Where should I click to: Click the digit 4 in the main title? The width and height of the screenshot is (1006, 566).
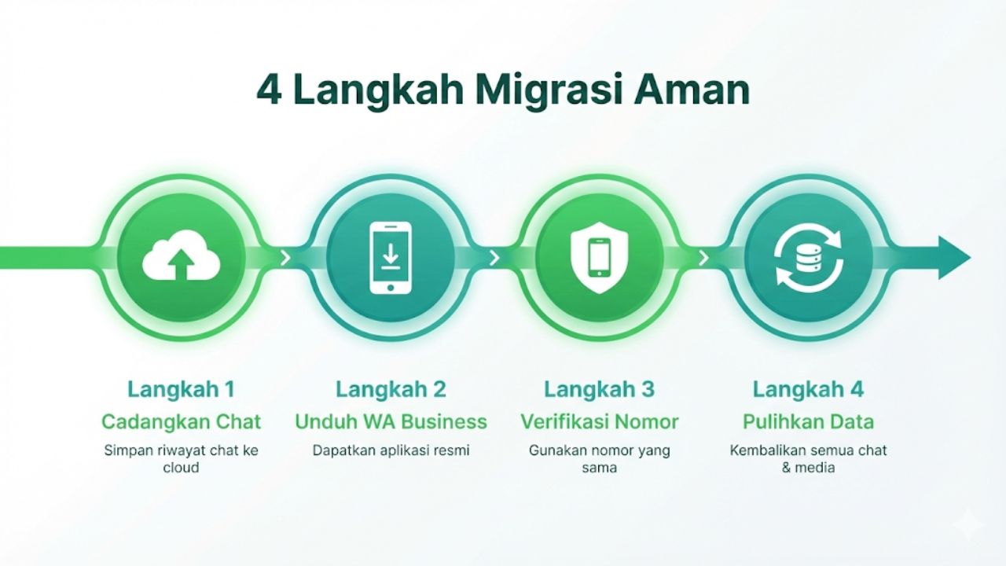coord(270,91)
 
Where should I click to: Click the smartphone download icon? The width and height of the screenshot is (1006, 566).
coord(390,257)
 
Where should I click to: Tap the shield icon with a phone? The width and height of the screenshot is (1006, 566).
coord(599,257)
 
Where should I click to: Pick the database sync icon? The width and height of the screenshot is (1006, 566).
coord(808,257)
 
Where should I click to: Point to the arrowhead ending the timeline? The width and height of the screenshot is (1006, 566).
coord(954,257)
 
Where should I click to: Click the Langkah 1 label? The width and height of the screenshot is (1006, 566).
coord(182,389)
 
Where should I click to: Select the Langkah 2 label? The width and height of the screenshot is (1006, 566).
coord(391,389)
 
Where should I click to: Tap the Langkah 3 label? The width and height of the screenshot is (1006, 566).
coord(599,389)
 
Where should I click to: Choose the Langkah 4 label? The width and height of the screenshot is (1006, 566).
coord(808,389)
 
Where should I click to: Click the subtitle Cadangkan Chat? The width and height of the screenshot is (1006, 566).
coord(182,421)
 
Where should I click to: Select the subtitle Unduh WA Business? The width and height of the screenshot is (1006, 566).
coord(391,421)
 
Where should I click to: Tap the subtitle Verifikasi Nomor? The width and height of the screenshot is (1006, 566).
coord(599,421)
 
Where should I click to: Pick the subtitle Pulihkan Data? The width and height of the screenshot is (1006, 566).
coord(808,421)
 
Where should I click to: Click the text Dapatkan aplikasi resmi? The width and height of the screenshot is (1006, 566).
coord(391,450)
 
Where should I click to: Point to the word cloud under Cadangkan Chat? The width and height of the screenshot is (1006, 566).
coord(182,468)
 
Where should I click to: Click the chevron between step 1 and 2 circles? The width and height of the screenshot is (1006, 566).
coord(285,257)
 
